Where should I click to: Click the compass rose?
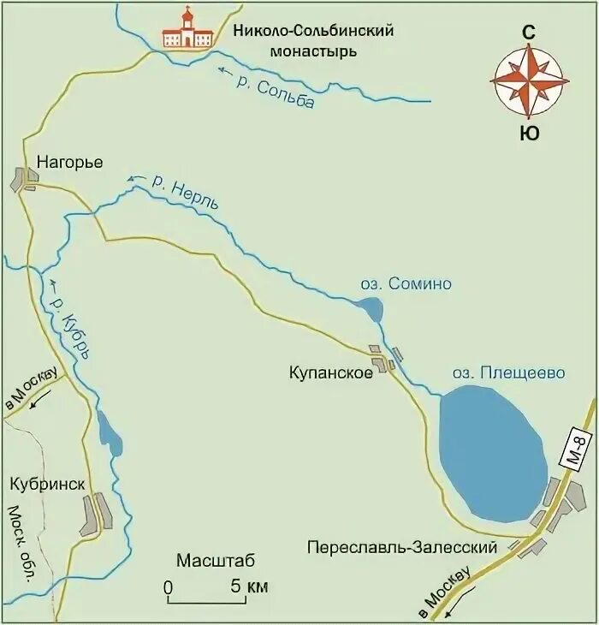tap(530, 81)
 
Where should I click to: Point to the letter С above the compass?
tap(530, 32)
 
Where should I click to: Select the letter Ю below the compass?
tap(530, 133)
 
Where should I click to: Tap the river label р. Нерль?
tap(185, 192)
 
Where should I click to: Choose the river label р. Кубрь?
tap(70, 330)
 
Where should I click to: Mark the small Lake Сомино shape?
tap(371, 309)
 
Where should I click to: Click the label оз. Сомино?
tap(404, 283)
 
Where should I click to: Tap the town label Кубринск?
tap(48, 485)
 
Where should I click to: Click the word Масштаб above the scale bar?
tap(216, 562)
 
